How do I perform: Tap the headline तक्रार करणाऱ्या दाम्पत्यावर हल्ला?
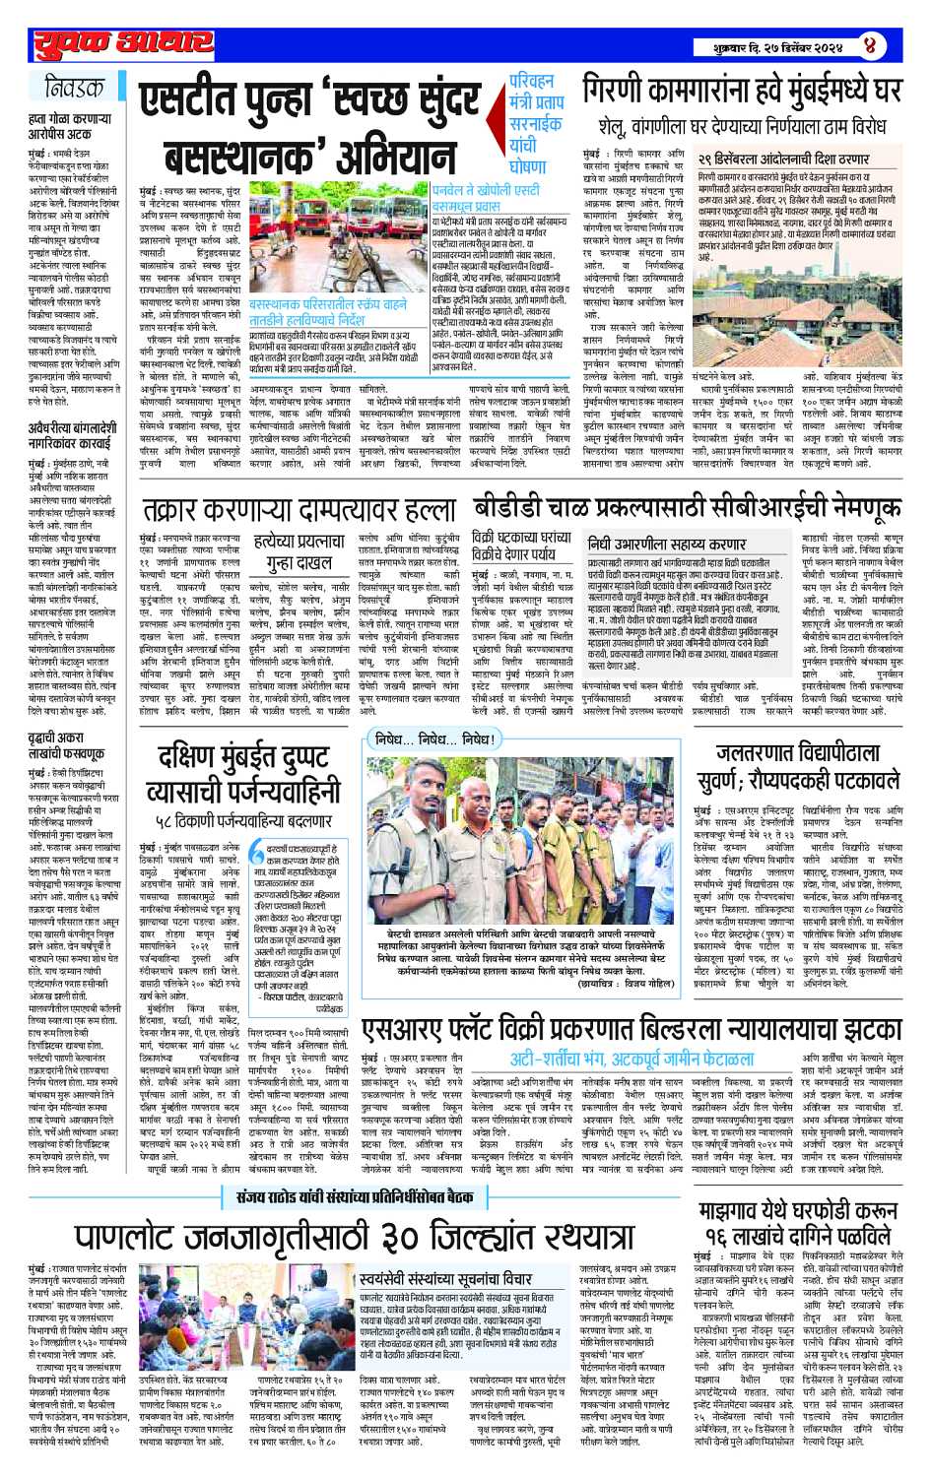pos(299,511)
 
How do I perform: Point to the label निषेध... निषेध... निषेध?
pos(452,739)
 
